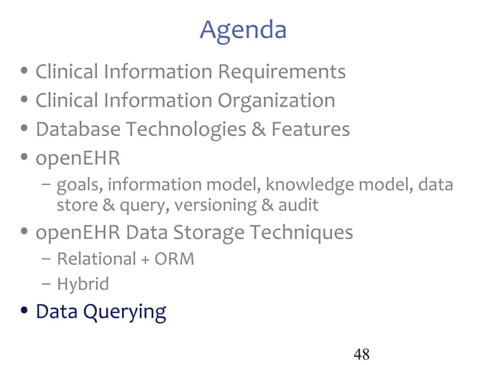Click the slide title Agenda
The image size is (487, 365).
coord(243,30)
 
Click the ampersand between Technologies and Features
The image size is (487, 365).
coord(258,130)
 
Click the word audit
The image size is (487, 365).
coord(295,205)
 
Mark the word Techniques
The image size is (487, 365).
coord(310,232)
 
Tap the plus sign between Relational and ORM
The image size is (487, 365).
coord(145,260)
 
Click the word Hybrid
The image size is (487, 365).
coord(83,285)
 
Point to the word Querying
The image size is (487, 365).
coord(124,313)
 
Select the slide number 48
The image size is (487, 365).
coord(362,354)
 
